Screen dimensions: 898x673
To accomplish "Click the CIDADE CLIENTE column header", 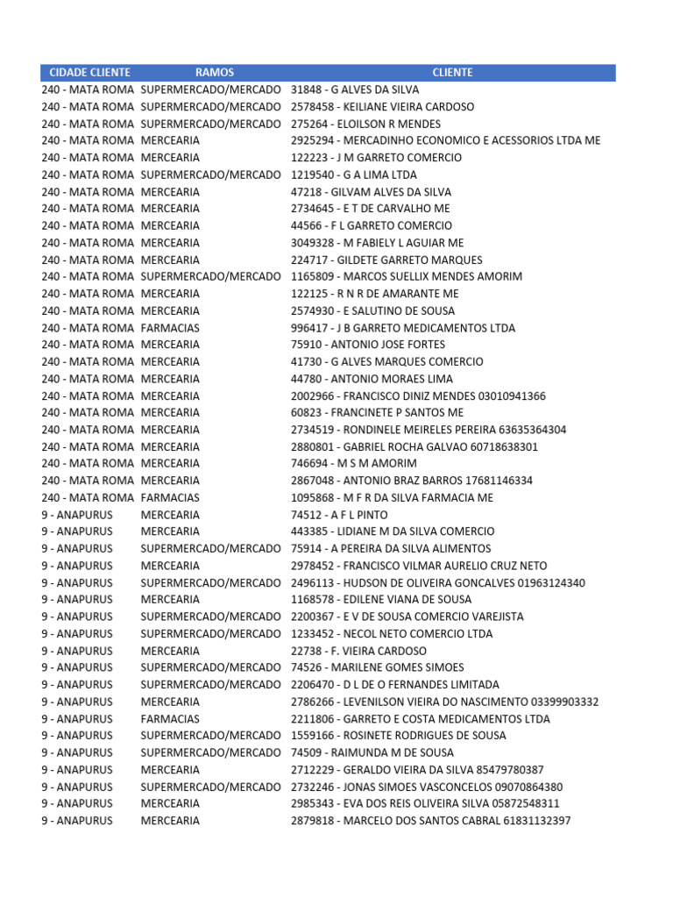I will [89, 73].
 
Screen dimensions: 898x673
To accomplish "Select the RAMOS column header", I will [215, 73].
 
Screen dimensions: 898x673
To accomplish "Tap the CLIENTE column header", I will [452, 73].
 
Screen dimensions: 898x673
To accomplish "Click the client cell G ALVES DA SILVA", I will [355, 89].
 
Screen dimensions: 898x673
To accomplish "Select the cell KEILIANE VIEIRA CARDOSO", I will [382, 107].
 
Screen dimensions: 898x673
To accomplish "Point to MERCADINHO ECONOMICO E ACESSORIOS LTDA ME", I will [446, 140].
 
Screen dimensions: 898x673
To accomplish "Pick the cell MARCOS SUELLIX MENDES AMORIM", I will [406, 276].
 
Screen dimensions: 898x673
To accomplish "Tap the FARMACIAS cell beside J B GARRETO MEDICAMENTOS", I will [170, 328].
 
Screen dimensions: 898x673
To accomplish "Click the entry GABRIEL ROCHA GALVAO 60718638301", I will [414, 446].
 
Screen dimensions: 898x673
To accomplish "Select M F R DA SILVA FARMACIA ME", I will [392, 497].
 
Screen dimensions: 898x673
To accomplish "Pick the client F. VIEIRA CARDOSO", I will [358, 651].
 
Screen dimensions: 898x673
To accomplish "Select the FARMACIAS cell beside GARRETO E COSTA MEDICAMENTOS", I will [170, 719].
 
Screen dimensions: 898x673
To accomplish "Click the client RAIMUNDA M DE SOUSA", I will [372, 752].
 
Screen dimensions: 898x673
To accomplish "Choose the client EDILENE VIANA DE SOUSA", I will [381, 600].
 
